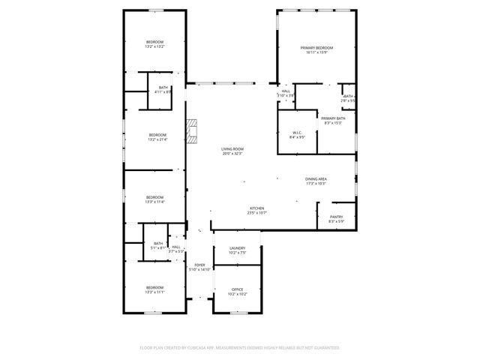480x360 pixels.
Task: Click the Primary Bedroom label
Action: pos(316,50)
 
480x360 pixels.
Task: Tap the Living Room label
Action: pos(232,151)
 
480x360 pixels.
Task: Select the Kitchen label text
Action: pos(256,210)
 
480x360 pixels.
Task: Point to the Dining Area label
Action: pos(316,181)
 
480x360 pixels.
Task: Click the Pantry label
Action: pos(336,219)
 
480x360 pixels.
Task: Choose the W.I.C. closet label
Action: pos(297,135)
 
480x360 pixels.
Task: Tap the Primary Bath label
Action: pos(333,120)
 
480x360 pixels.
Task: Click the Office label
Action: pos(237,291)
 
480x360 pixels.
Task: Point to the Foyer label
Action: pos(199,266)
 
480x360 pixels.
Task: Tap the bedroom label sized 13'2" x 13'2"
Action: pos(154,43)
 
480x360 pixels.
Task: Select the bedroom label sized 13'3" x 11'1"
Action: pos(154,290)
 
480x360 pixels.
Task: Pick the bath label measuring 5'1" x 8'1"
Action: pos(158,245)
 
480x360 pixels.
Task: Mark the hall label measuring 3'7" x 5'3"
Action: pos(176,249)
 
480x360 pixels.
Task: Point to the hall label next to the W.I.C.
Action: pos(286,94)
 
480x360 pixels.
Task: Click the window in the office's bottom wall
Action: pos(238,313)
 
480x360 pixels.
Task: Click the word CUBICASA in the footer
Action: pos(201,348)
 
